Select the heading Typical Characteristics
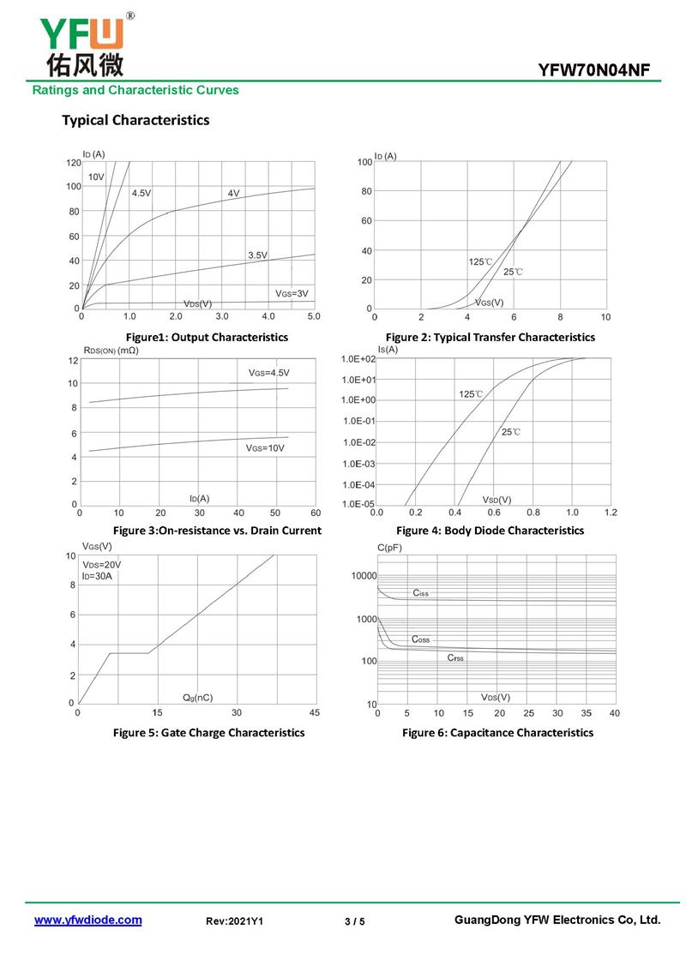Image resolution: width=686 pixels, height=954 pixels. (x=135, y=120)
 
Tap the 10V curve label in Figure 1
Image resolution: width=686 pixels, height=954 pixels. (x=96, y=177)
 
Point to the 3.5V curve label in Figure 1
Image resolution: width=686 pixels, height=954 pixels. (x=257, y=255)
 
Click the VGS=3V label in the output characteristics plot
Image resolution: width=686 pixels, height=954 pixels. (x=292, y=294)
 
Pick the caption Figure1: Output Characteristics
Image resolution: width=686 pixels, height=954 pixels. (x=207, y=337)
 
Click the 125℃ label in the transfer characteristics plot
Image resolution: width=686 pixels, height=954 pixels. (x=480, y=261)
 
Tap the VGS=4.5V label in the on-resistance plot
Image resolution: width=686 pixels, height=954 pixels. (x=268, y=373)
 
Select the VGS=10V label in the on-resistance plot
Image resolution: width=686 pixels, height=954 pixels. (x=264, y=448)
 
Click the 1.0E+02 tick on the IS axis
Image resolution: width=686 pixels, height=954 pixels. (x=358, y=359)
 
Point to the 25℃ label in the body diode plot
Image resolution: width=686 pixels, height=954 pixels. (x=510, y=432)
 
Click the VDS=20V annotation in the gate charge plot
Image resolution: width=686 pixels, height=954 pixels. (x=101, y=565)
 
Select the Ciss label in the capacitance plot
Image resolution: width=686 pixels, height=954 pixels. (x=420, y=593)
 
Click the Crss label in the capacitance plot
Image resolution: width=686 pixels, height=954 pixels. (x=455, y=657)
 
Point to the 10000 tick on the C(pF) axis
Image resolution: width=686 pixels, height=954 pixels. (x=364, y=576)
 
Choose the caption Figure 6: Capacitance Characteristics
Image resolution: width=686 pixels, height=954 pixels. (x=497, y=733)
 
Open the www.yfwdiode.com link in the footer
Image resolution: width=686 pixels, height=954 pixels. (x=87, y=920)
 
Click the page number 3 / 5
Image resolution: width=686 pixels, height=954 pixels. (x=354, y=921)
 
